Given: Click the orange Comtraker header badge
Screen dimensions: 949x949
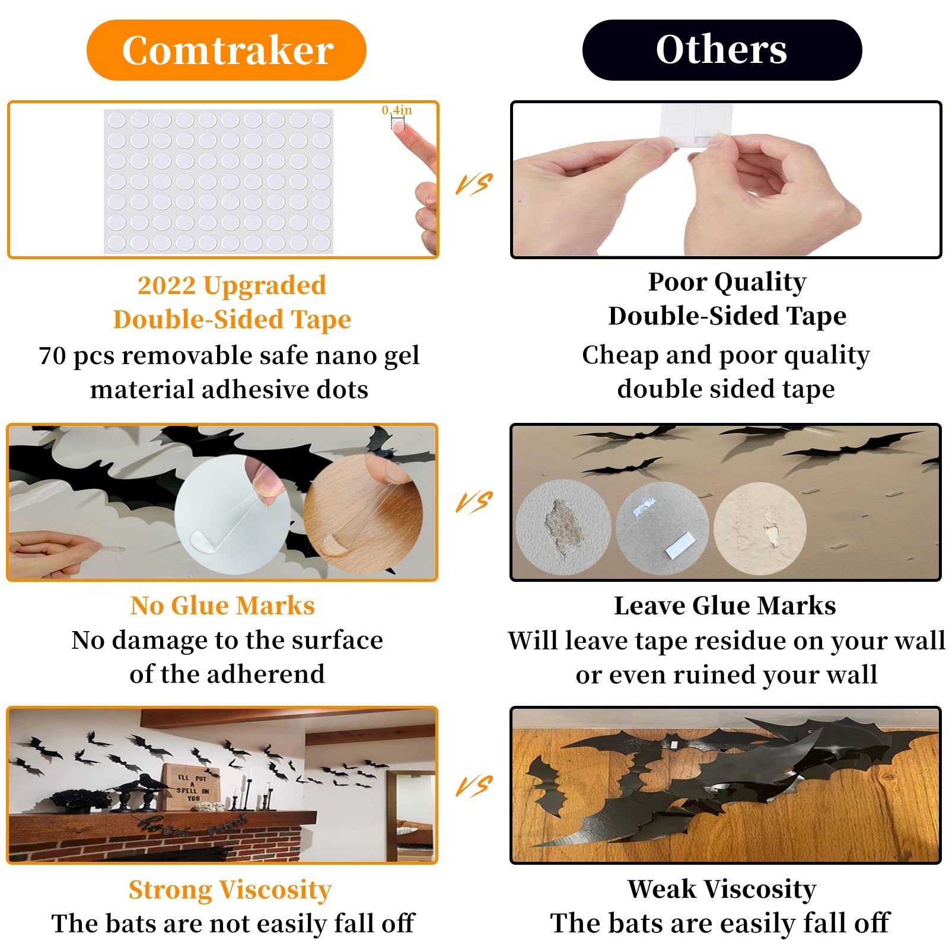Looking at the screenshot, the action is click(x=227, y=50).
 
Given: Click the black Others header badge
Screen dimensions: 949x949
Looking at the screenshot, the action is click(x=722, y=50).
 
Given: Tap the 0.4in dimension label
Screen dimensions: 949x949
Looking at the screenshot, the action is click(x=396, y=110).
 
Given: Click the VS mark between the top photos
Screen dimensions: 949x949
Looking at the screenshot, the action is click(x=474, y=184).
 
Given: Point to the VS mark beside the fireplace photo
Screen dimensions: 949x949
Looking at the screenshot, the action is click(x=474, y=786).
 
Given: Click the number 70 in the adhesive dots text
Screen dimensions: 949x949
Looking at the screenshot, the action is click(x=52, y=356).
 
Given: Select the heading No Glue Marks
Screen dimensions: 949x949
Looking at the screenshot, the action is click(x=222, y=606).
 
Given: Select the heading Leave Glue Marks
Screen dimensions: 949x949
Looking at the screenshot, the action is click(x=725, y=606).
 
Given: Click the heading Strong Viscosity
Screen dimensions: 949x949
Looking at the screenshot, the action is click(x=230, y=890).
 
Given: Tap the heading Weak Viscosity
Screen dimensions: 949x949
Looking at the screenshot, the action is click(x=722, y=889).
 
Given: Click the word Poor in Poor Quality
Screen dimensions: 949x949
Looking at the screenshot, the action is click(x=678, y=282).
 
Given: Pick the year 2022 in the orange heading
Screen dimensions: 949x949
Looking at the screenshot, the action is click(x=166, y=285).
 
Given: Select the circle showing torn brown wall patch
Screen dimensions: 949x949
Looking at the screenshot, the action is click(x=563, y=527).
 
